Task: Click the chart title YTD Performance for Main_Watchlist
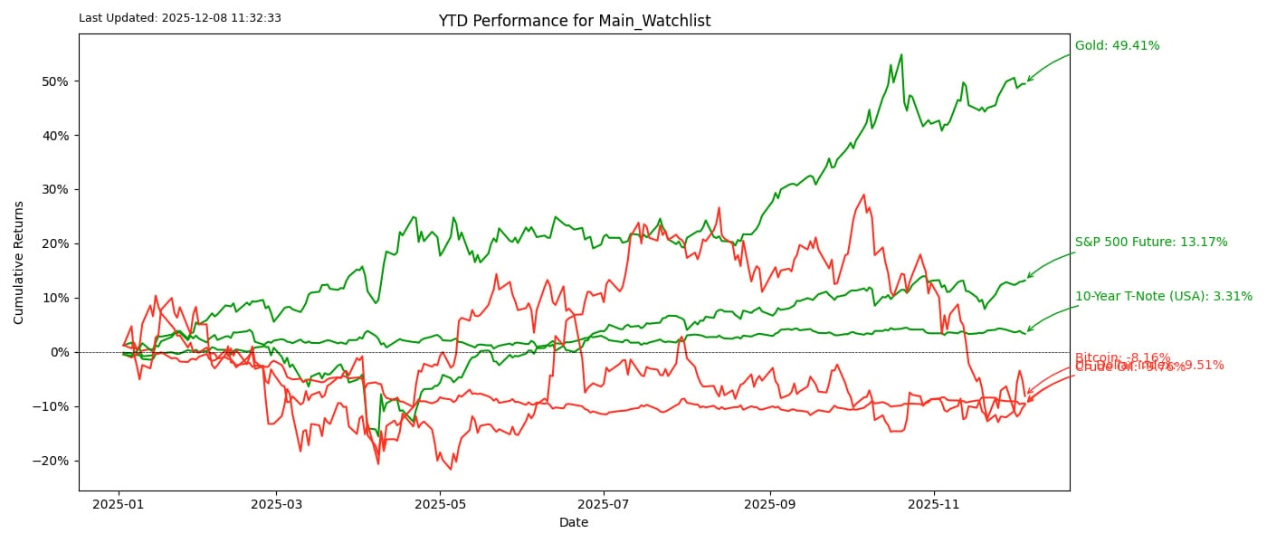[x=575, y=21]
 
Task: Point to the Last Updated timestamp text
[x=180, y=17]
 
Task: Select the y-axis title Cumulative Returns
[x=19, y=262]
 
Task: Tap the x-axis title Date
[x=574, y=522]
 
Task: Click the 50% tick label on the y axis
[x=54, y=81]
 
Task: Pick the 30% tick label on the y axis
[x=54, y=190]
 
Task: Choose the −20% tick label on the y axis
[x=51, y=461]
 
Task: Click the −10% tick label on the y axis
[x=51, y=406]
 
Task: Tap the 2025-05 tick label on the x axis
[x=440, y=502]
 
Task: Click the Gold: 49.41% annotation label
[x=1117, y=46]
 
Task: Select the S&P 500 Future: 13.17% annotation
[x=1151, y=243]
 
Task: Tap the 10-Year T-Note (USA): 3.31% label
[x=1164, y=297]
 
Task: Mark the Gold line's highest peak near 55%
[x=900, y=54]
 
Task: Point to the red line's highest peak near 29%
[x=864, y=194]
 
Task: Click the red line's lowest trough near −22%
[x=451, y=469]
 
